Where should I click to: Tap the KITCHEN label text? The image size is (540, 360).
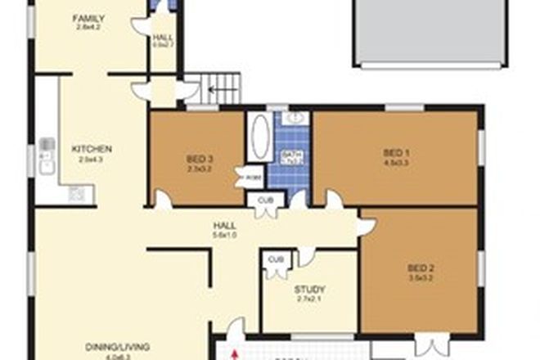[92, 149]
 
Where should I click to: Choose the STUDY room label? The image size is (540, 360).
[309, 289]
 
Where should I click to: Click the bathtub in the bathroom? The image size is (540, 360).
[259, 137]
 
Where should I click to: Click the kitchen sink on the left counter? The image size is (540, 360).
[46, 155]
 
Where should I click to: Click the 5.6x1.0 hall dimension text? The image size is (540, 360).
[225, 236]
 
